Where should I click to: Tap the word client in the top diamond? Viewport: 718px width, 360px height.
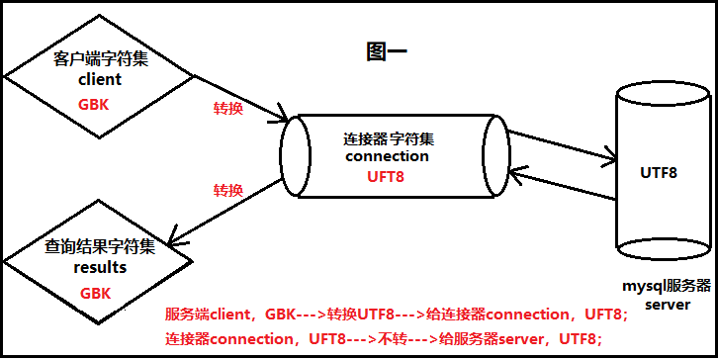tap(99, 79)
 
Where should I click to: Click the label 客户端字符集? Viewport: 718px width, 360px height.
tap(99, 59)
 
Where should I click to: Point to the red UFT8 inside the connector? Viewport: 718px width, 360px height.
tap(387, 175)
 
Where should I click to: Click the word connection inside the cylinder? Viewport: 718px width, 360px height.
tap(387, 155)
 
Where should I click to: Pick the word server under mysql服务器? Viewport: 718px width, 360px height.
tap(668, 304)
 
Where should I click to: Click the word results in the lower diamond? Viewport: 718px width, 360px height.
tap(99, 267)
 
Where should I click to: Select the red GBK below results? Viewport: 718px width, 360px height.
tap(95, 293)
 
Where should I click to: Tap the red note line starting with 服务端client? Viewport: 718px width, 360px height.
tap(396, 315)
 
